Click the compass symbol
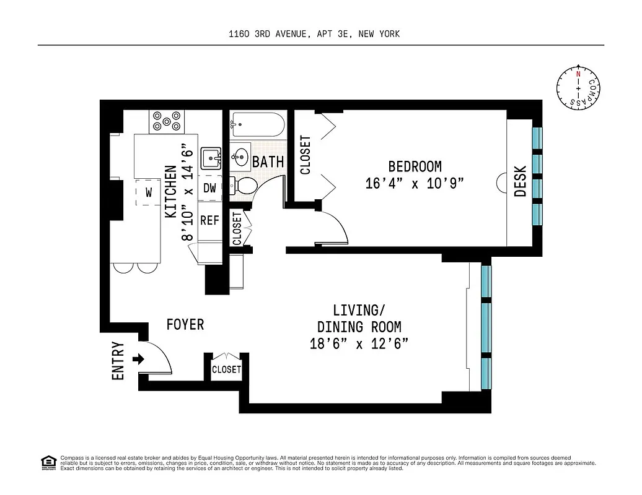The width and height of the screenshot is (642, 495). pyautogui.click(x=578, y=88)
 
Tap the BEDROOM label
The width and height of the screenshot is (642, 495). pyautogui.click(x=415, y=166)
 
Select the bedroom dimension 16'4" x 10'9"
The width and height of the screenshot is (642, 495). pyautogui.click(x=415, y=184)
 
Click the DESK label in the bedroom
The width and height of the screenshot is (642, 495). pyautogui.click(x=521, y=181)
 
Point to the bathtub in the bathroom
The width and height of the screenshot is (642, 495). pyautogui.click(x=257, y=127)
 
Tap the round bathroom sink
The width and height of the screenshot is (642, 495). pyautogui.click(x=240, y=155)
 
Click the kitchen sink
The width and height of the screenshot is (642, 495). pyautogui.click(x=212, y=159)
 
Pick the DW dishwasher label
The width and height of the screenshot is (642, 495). pyautogui.click(x=210, y=188)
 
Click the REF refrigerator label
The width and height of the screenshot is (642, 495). pyautogui.click(x=209, y=220)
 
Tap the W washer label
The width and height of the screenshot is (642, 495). pyautogui.click(x=149, y=192)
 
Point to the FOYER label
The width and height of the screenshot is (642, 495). pyautogui.click(x=185, y=324)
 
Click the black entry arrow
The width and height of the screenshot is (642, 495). pyautogui.click(x=138, y=359)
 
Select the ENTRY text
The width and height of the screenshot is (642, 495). pyautogui.click(x=118, y=361)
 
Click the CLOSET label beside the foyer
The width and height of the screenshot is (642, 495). pyautogui.click(x=226, y=369)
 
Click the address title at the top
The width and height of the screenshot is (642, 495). pyautogui.click(x=314, y=34)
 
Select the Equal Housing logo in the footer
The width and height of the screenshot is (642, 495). pyautogui.click(x=48, y=462)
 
